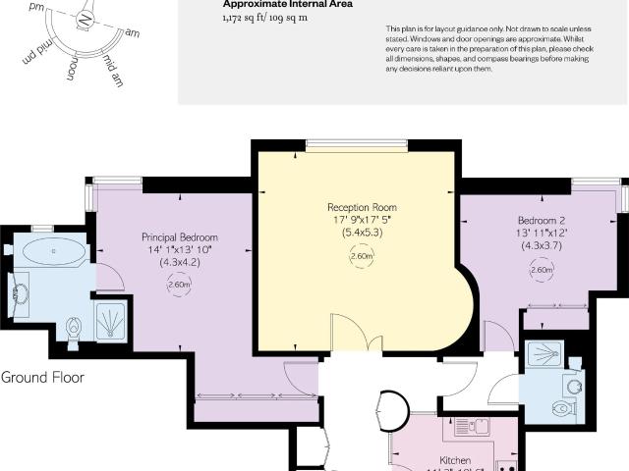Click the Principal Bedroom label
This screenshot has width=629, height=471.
coord(179,237)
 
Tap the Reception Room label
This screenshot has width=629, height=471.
coord(362,207)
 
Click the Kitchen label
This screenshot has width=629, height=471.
coord(455,460)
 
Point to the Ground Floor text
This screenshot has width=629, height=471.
coord(42,377)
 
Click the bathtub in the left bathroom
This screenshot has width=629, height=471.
coord(53,250)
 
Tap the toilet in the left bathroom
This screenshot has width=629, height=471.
coord(74,326)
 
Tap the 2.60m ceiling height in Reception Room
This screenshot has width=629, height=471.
coord(361,257)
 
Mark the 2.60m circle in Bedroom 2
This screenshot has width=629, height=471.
coord(541,270)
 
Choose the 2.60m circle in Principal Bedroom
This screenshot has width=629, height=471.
coord(179,285)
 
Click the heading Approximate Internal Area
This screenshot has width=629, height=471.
coord(273,4)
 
